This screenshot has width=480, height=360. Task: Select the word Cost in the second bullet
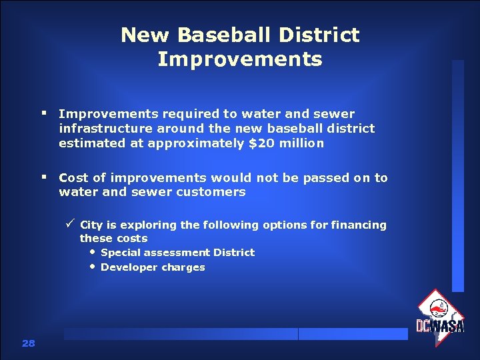tap(73, 177)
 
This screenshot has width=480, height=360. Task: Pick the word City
tap(91, 225)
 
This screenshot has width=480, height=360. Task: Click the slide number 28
tap(28, 343)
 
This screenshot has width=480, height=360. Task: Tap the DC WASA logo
tap(439, 317)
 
